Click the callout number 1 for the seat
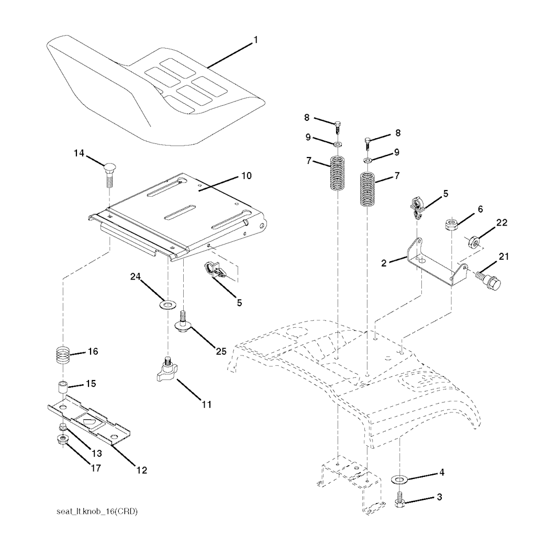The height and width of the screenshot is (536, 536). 255,40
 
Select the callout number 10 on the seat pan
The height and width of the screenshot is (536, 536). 246,176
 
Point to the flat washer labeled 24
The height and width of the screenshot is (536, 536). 167,304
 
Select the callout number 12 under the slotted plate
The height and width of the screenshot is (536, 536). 141,470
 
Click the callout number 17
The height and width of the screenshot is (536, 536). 96,467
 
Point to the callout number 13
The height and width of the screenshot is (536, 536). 97,453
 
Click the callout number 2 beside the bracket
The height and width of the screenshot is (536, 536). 384,263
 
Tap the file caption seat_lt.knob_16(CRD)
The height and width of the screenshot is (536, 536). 97,512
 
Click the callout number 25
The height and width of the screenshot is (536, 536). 221,351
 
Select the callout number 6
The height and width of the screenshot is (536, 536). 481,209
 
